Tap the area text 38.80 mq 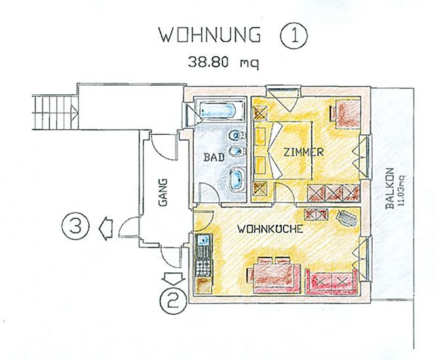[x=223, y=62]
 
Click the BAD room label [x=214, y=157]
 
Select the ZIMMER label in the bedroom [x=303, y=153]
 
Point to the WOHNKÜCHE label [x=270, y=229]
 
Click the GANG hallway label [x=162, y=192]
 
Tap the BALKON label [x=389, y=189]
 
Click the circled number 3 [x=75, y=226]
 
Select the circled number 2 [x=173, y=300]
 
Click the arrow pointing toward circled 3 [x=105, y=228]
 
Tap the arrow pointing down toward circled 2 [x=174, y=279]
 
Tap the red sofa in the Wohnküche [x=332, y=282]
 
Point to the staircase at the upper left [x=55, y=112]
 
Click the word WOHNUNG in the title [x=210, y=35]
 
